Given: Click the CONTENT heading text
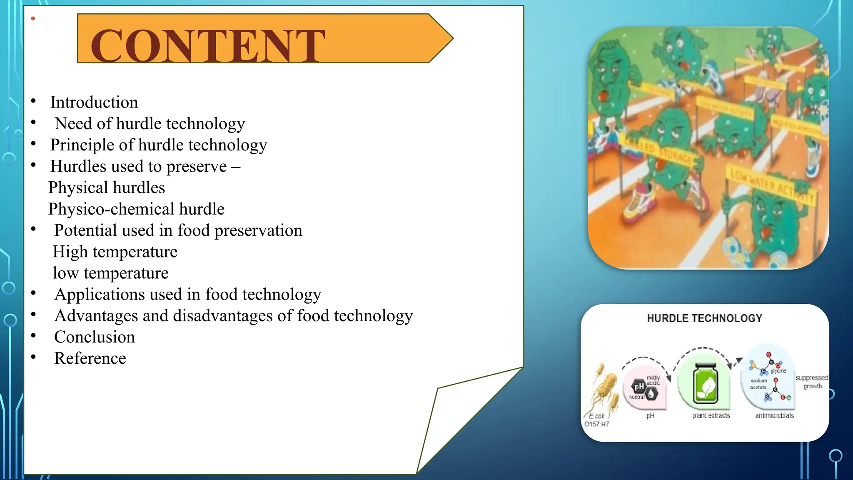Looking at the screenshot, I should click(207, 46).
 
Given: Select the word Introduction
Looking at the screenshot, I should click(94, 102).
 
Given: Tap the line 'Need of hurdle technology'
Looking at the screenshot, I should click(150, 124).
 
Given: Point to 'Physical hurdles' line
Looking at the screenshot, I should click(107, 188).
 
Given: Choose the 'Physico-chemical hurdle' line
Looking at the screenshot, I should click(136, 209).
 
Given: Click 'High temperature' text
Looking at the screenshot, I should click(115, 252).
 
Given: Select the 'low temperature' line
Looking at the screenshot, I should click(110, 273).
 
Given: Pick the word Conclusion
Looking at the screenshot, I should click(95, 337).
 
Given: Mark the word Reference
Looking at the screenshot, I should click(90, 358).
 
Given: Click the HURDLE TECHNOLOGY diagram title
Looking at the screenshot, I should click(704, 318).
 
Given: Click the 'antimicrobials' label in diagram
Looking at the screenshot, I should click(774, 415).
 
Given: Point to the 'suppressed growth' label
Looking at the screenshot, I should click(812, 382).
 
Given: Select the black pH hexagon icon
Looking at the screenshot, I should click(639, 387).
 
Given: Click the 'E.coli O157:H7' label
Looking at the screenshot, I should click(596, 420).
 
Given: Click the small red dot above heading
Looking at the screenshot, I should click(33, 18).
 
